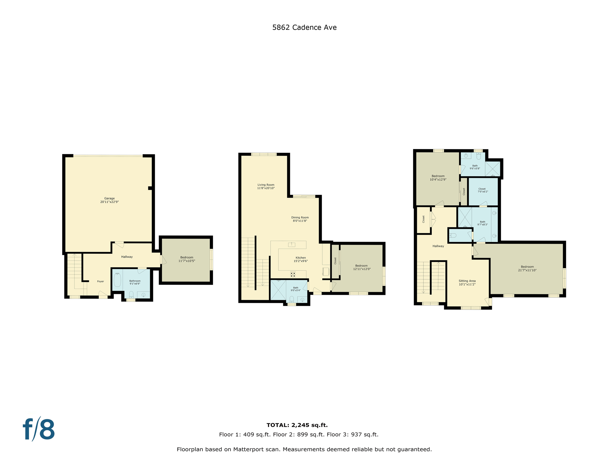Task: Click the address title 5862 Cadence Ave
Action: click(x=304, y=27)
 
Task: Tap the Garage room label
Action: click(x=109, y=200)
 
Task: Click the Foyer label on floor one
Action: click(x=101, y=281)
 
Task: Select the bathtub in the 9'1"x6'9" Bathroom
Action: click(x=117, y=280)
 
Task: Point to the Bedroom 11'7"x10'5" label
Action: click(x=187, y=259)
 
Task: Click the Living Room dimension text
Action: click(x=266, y=188)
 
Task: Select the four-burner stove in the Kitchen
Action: click(x=293, y=274)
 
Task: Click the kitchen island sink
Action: click(x=291, y=244)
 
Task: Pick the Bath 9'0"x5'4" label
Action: click(x=296, y=289)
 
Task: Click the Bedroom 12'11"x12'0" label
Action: click(x=362, y=267)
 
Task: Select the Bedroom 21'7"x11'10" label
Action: click(x=527, y=268)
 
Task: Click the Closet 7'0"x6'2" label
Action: click(x=483, y=190)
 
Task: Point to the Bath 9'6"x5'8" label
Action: click(x=475, y=167)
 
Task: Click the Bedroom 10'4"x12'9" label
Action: click(x=438, y=178)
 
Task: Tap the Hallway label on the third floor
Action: click(x=438, y=246)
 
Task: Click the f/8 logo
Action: click(x=39, y=429)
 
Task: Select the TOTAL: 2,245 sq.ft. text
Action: click(x=297, y=425)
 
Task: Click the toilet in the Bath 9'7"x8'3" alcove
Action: click(x=453, y=235)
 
